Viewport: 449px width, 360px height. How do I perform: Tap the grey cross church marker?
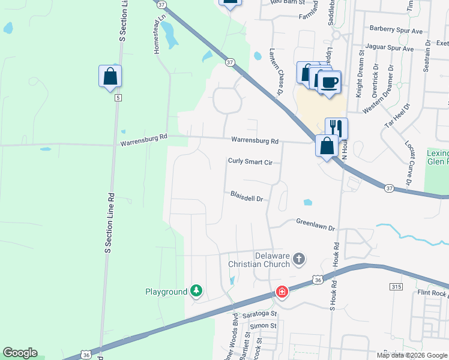point(299,260)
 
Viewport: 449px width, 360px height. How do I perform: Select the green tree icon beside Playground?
point(196,292)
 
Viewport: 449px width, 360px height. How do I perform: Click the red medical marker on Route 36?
point(281,292)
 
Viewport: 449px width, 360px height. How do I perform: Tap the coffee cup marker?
point(329,82)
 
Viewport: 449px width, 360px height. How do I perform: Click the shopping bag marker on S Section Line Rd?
point(110,77)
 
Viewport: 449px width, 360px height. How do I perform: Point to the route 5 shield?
point(118,97)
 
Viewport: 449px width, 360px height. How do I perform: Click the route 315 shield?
point(396,287)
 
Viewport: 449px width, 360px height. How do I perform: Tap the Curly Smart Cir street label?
point(250,161)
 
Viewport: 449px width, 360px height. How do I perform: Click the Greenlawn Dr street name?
point(315,224)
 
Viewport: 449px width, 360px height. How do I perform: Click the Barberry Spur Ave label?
point(396,29)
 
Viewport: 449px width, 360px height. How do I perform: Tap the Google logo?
point(20,353)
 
